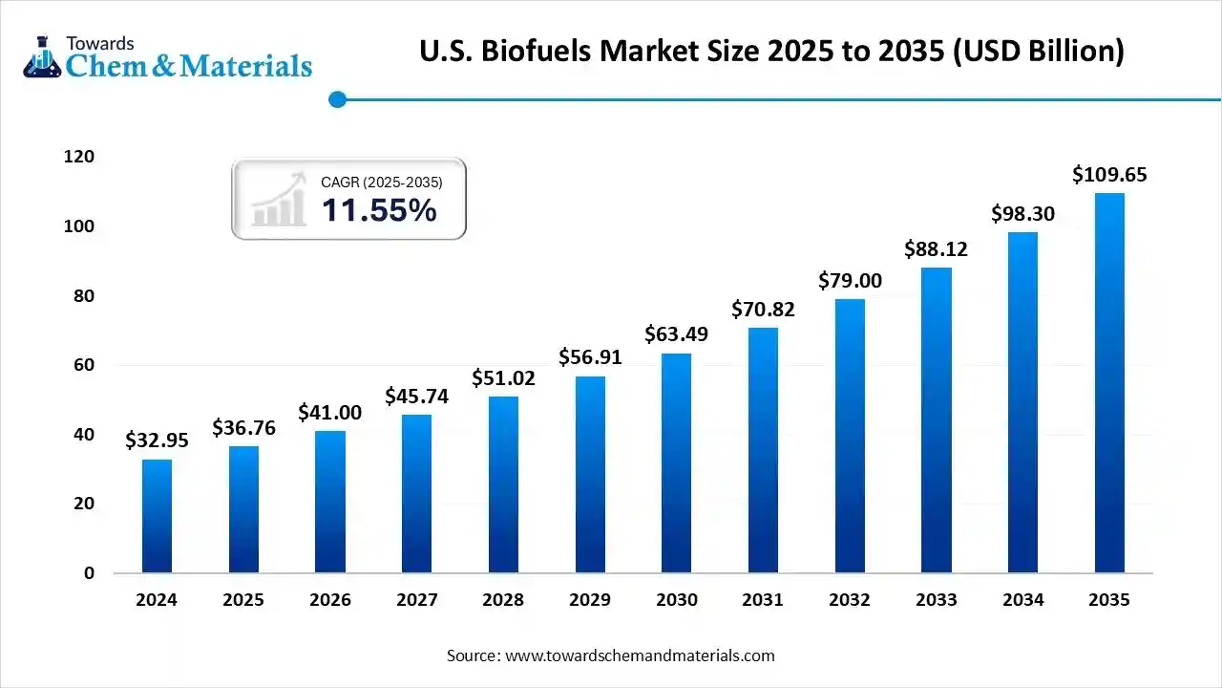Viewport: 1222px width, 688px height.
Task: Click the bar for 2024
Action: [x=157, y=516]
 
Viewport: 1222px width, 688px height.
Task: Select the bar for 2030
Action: [x=676, y=463]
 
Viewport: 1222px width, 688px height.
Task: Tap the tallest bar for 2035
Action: [x=1108, y=382]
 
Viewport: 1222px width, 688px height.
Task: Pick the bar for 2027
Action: [x=416, y=493]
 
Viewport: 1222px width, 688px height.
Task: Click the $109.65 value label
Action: [x=1109, y=175]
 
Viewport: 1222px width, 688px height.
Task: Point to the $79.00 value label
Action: [x=850, y=281]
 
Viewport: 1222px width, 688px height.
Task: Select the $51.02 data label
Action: [x=503, y=378]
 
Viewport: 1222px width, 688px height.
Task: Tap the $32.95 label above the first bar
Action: [x=157, y=441]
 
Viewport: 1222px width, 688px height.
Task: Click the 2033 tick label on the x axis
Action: [x=936, y=600]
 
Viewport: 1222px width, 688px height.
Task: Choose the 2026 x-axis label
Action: [x=330, y=600]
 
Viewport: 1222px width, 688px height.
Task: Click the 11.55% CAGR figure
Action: [x=379, y=210]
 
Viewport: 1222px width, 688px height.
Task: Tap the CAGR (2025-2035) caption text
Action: [x=381, y=181]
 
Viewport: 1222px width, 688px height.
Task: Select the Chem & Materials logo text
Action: [x=187, y=65]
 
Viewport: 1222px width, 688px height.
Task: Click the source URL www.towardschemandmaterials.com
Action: [x=640, y=656]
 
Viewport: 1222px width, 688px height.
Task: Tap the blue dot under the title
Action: [x=336, y=98]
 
